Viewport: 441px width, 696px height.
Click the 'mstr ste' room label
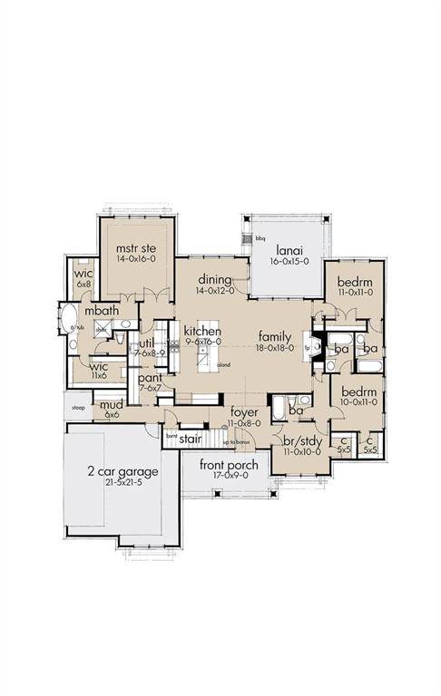[137, 246]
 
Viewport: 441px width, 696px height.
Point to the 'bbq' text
[260, 238]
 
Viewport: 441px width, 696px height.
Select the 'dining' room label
[213, 279]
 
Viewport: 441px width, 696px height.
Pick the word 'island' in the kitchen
[223, 365]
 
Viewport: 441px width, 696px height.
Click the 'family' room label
[273, 333]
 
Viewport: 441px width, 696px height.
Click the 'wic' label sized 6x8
[83, 273]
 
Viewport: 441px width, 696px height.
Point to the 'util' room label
[146, 343]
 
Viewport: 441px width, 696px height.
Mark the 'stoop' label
[78, 408]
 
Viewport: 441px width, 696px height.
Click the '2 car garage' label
[122, 471]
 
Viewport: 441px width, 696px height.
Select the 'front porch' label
[229, 466]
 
